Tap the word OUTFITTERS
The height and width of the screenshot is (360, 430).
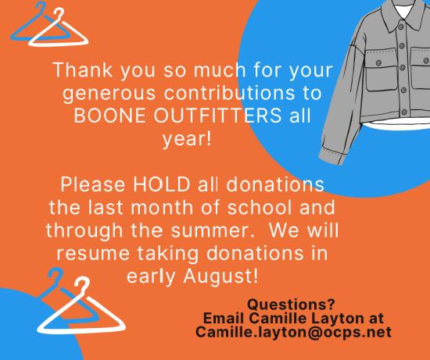217,116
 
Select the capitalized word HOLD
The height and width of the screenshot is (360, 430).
162,184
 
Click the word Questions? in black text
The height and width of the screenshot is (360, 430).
292,304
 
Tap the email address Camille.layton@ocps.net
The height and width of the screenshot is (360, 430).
293,332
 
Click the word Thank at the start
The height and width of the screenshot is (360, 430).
83,70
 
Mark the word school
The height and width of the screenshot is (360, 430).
260,208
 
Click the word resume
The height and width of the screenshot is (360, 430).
93,254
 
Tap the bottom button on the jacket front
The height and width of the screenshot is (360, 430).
404,112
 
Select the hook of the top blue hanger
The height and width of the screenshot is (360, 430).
41,9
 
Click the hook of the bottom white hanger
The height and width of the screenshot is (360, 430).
81,286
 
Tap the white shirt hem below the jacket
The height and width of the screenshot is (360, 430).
397,125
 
